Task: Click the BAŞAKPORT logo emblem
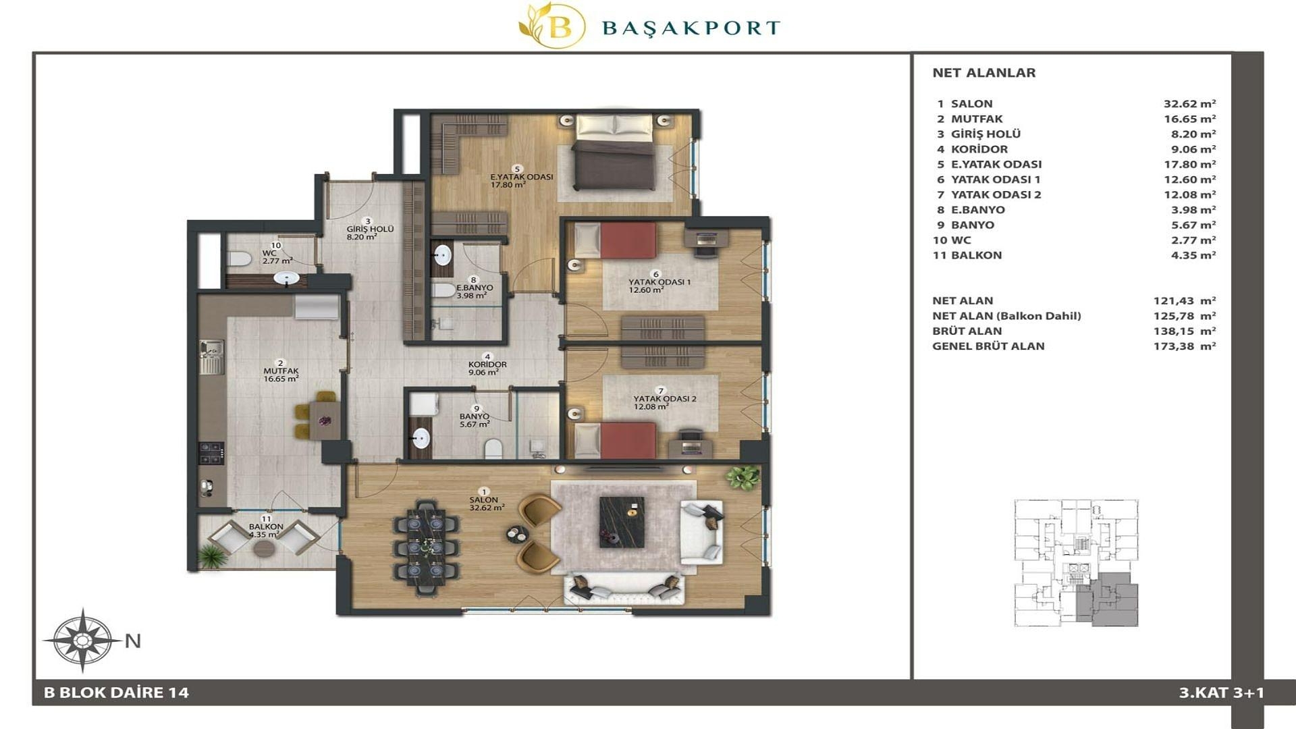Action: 552,26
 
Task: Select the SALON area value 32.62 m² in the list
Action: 1189,104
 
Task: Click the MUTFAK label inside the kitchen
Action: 281,371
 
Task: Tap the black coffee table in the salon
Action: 622,522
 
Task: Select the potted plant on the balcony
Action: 212,556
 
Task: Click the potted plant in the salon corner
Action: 742,477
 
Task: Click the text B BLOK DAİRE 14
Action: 116,693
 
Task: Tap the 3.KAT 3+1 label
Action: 1221,693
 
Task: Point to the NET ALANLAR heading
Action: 983,73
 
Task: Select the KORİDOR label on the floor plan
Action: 487,364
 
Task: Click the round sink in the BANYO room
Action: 421,438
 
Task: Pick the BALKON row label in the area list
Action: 976,255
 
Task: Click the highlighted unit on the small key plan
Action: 1106,599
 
